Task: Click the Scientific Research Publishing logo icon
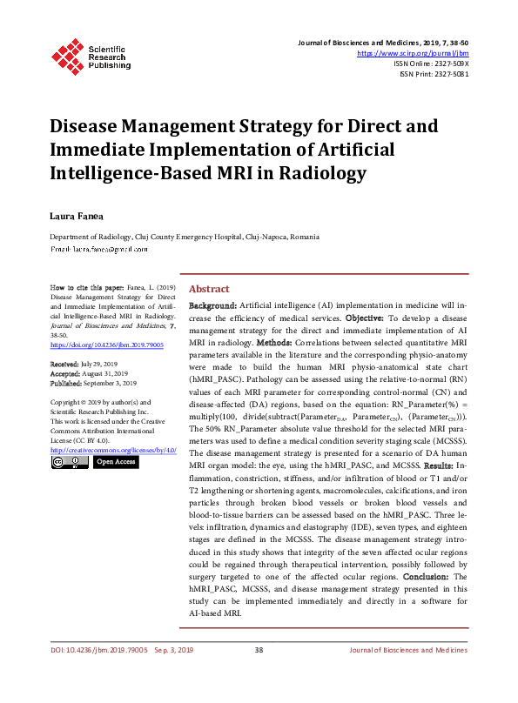tap(66, 53)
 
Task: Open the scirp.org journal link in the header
tap(413, 53)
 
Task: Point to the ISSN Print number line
tap(433, 74)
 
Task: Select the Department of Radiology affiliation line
tap(184, 237)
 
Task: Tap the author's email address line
tap(98, 249)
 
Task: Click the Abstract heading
tap(209, 289)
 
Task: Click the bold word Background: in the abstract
tap(213, 306)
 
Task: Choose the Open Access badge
tap(116, 462)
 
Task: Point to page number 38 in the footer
tap(259, 674)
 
